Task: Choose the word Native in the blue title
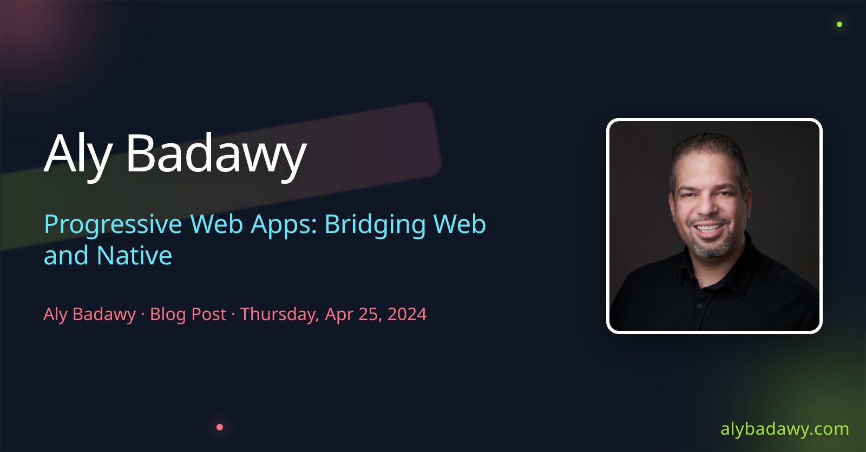click(x=134, y=255)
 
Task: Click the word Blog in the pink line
click(x=168, y=314)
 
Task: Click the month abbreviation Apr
click(x=339, y=315)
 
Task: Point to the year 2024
click(x=407, y=314)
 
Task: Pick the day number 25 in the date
click(x=370, y=314)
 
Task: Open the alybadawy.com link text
click(x=785, y=429)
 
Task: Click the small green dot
click(x=839, y=24)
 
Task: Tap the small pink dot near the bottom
click(x=220, y=427)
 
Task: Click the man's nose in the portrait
click(x=706, y=207)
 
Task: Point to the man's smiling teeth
click(x=708, y=228)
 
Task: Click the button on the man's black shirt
click(x=699, y=306)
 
